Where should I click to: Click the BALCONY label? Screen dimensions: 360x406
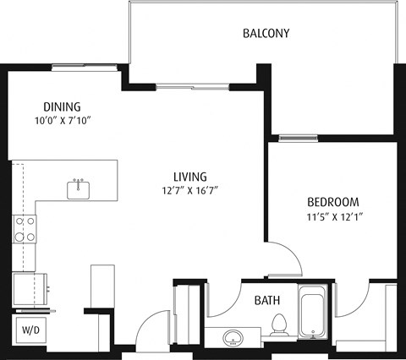(x=266, y=34)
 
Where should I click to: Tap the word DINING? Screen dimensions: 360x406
(x=62, y=106)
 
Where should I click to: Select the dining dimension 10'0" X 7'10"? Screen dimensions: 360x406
(x=62, y=121)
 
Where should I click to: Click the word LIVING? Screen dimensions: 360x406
(x=190, y=177)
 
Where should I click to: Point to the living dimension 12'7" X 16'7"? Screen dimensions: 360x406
(x=190, y=191)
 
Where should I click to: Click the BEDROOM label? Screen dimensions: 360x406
(x=332, y=202)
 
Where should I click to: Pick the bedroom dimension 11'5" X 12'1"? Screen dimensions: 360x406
(x=332, y=216)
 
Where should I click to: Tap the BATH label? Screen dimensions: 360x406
(x=268, y=299)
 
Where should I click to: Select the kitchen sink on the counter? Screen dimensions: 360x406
(x=80, y=188)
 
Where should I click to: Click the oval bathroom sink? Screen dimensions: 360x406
(x=234, y=339)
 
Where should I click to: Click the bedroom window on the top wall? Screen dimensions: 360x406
(x=297, y=138)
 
